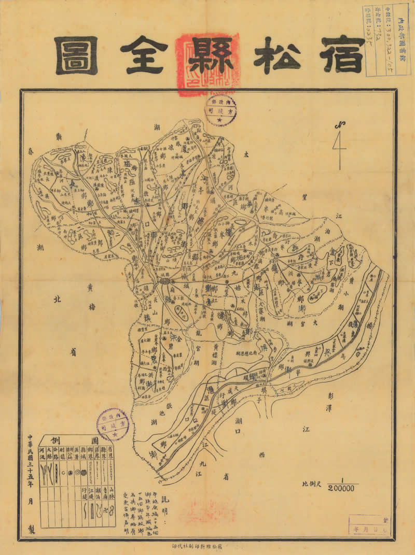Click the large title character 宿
342,55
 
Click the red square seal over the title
207,65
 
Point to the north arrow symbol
340,145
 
